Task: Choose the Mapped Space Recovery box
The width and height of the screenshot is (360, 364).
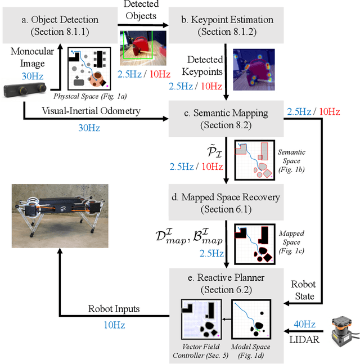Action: click(225, 203)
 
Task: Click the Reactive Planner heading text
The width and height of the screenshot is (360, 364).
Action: click(225, 277)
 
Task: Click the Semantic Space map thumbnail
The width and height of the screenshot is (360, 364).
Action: click(254, 159)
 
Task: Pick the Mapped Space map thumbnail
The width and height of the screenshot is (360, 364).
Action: click(254, 243)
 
